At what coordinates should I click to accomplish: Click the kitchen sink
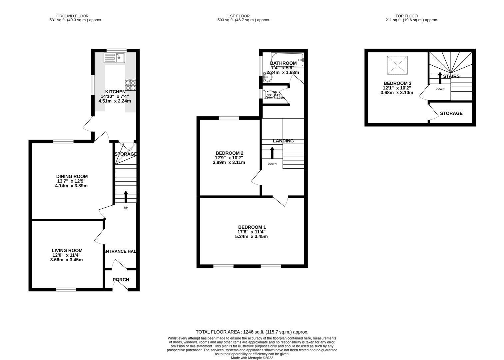click(x=114, y=58)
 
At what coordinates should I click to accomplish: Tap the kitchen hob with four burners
click(x=130, y=85)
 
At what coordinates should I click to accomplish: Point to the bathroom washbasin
click(x=267, y=77)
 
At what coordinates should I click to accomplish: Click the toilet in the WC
click(x=267, y=94)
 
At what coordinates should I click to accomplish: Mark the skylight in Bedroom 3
click(x=397, y=65)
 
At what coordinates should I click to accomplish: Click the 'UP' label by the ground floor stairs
click(x=126, y=208)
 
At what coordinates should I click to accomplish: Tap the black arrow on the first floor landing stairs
click(x=272, y=153)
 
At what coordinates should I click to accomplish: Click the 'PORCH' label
click(x=121, y=280)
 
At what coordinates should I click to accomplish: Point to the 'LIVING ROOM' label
click(x=67, y=250)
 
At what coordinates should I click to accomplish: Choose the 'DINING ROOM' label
click(x=72, y=176)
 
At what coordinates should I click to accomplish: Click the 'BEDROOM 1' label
click(x=252, y=227)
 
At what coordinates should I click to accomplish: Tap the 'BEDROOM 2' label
click(x=229, y=153)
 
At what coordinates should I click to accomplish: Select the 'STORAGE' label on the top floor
click(x=451, y=113)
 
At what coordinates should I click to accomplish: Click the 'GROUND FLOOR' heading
click(x=72, y=16)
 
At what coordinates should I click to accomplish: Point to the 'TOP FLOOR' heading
click(x=406, y=16)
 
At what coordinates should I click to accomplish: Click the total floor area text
click(x=252, y=332)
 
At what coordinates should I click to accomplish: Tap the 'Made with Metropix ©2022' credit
click(x=252, y=358)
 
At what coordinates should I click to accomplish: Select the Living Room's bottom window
click(x=66, y=289)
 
